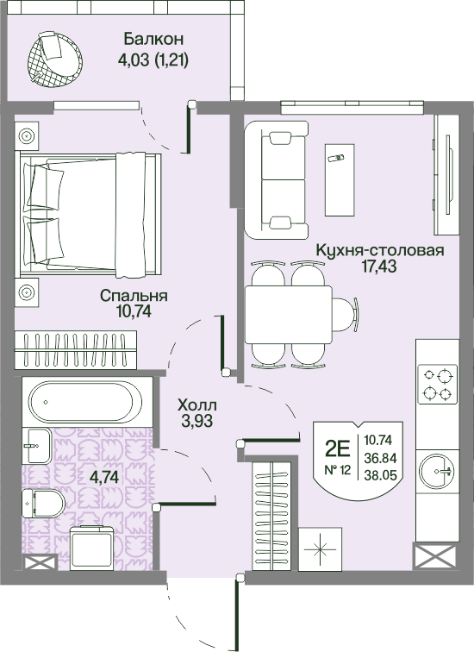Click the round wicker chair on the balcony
pos(55,60)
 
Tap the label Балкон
pos(153,39)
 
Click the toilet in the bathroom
pos(43,503)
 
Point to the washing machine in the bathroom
pos(92,548)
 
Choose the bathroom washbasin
pos(39,446)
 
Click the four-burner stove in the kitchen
pos(438,385)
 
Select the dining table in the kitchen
pos(289,314)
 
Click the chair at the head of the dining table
pos(346,314)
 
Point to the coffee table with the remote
pos(340,180)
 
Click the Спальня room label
pos(134,296)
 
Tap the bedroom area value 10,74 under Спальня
pos(134,310)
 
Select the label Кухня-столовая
pos(380,250)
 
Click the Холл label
pos(196,404)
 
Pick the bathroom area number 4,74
pos(104,477)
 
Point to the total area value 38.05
pos(380,474)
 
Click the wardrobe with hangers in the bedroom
pos(76,349)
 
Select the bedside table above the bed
pos(27,136)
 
